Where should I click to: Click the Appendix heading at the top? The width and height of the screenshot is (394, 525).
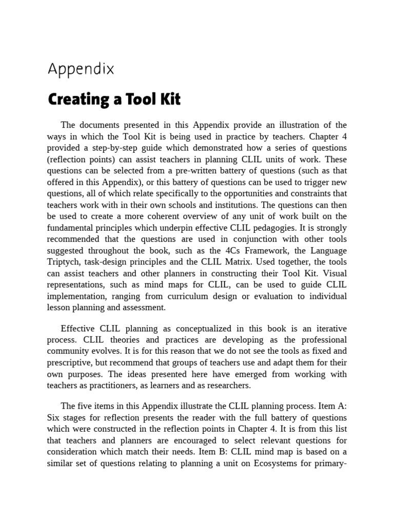click(81, 69)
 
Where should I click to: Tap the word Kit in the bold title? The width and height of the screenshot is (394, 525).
click(170, 99)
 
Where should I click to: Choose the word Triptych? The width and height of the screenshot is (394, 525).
click(65, 261)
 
